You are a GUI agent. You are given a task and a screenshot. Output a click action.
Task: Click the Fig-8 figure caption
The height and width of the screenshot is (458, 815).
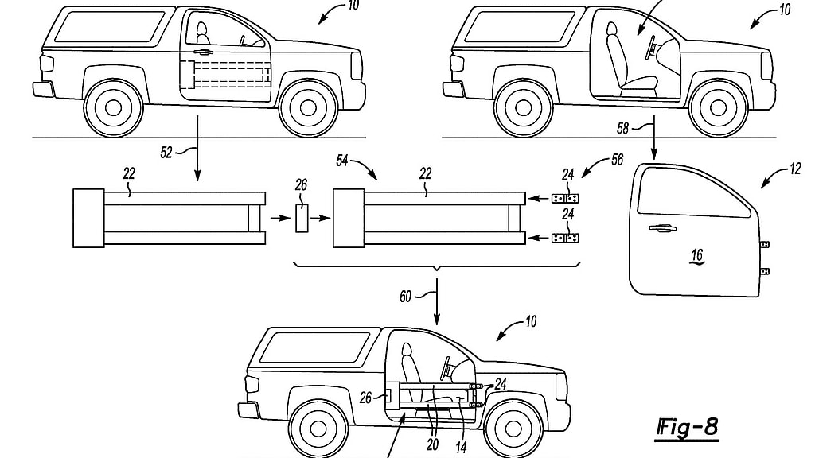[x=687, y=427]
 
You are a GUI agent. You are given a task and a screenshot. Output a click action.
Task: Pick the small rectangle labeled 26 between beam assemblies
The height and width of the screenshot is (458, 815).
[x=302, y=217]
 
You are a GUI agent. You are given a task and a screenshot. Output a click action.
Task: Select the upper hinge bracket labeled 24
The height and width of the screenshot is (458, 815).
[x=566, y=196]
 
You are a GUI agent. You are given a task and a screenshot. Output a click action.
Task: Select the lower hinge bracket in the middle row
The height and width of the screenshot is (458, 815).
[x=566, y=237]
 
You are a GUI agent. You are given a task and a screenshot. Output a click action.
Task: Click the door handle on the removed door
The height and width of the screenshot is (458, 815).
[x=660, y=230]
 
